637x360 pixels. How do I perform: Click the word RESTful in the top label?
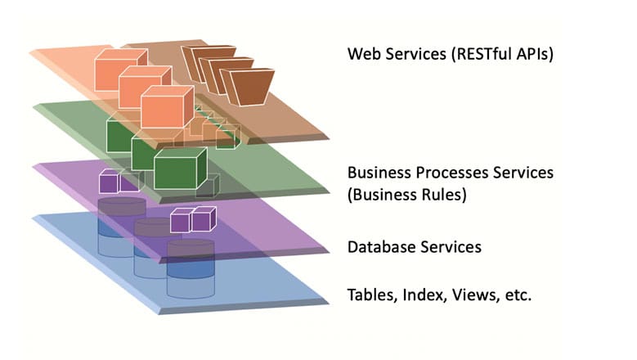[x=473, y=56]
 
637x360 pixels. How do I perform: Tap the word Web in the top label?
[x=364, y=56]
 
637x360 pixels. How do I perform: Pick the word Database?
[x=380, y=246]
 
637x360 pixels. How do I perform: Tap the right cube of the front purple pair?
[x=203, y=219]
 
